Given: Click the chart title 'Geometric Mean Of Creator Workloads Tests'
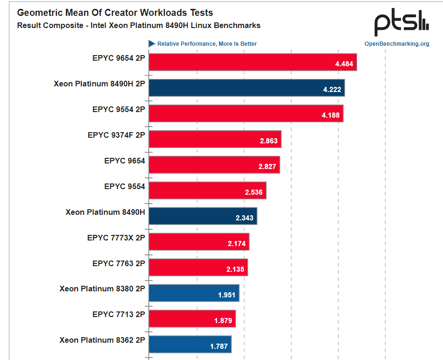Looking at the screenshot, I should point(115,13).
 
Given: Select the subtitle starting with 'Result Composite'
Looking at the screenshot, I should point(139,25).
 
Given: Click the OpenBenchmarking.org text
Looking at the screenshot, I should point(397,44).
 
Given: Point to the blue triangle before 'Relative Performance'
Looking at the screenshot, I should point(152,43).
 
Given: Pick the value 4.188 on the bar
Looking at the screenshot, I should point(330,115).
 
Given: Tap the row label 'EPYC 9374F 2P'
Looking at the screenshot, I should point(116,135).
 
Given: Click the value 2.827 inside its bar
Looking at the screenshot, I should point(267,167).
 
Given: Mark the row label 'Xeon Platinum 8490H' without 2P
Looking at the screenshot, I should point(105,212).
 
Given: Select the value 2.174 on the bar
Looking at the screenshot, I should point(236,244).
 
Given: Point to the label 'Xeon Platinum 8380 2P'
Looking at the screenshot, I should point(102,289).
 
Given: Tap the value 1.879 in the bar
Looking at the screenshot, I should point(223,321).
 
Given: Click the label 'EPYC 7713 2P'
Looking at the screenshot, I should point(119,314).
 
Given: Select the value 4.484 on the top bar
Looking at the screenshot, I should point(344,64).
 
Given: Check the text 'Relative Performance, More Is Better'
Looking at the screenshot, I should point(207,44).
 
